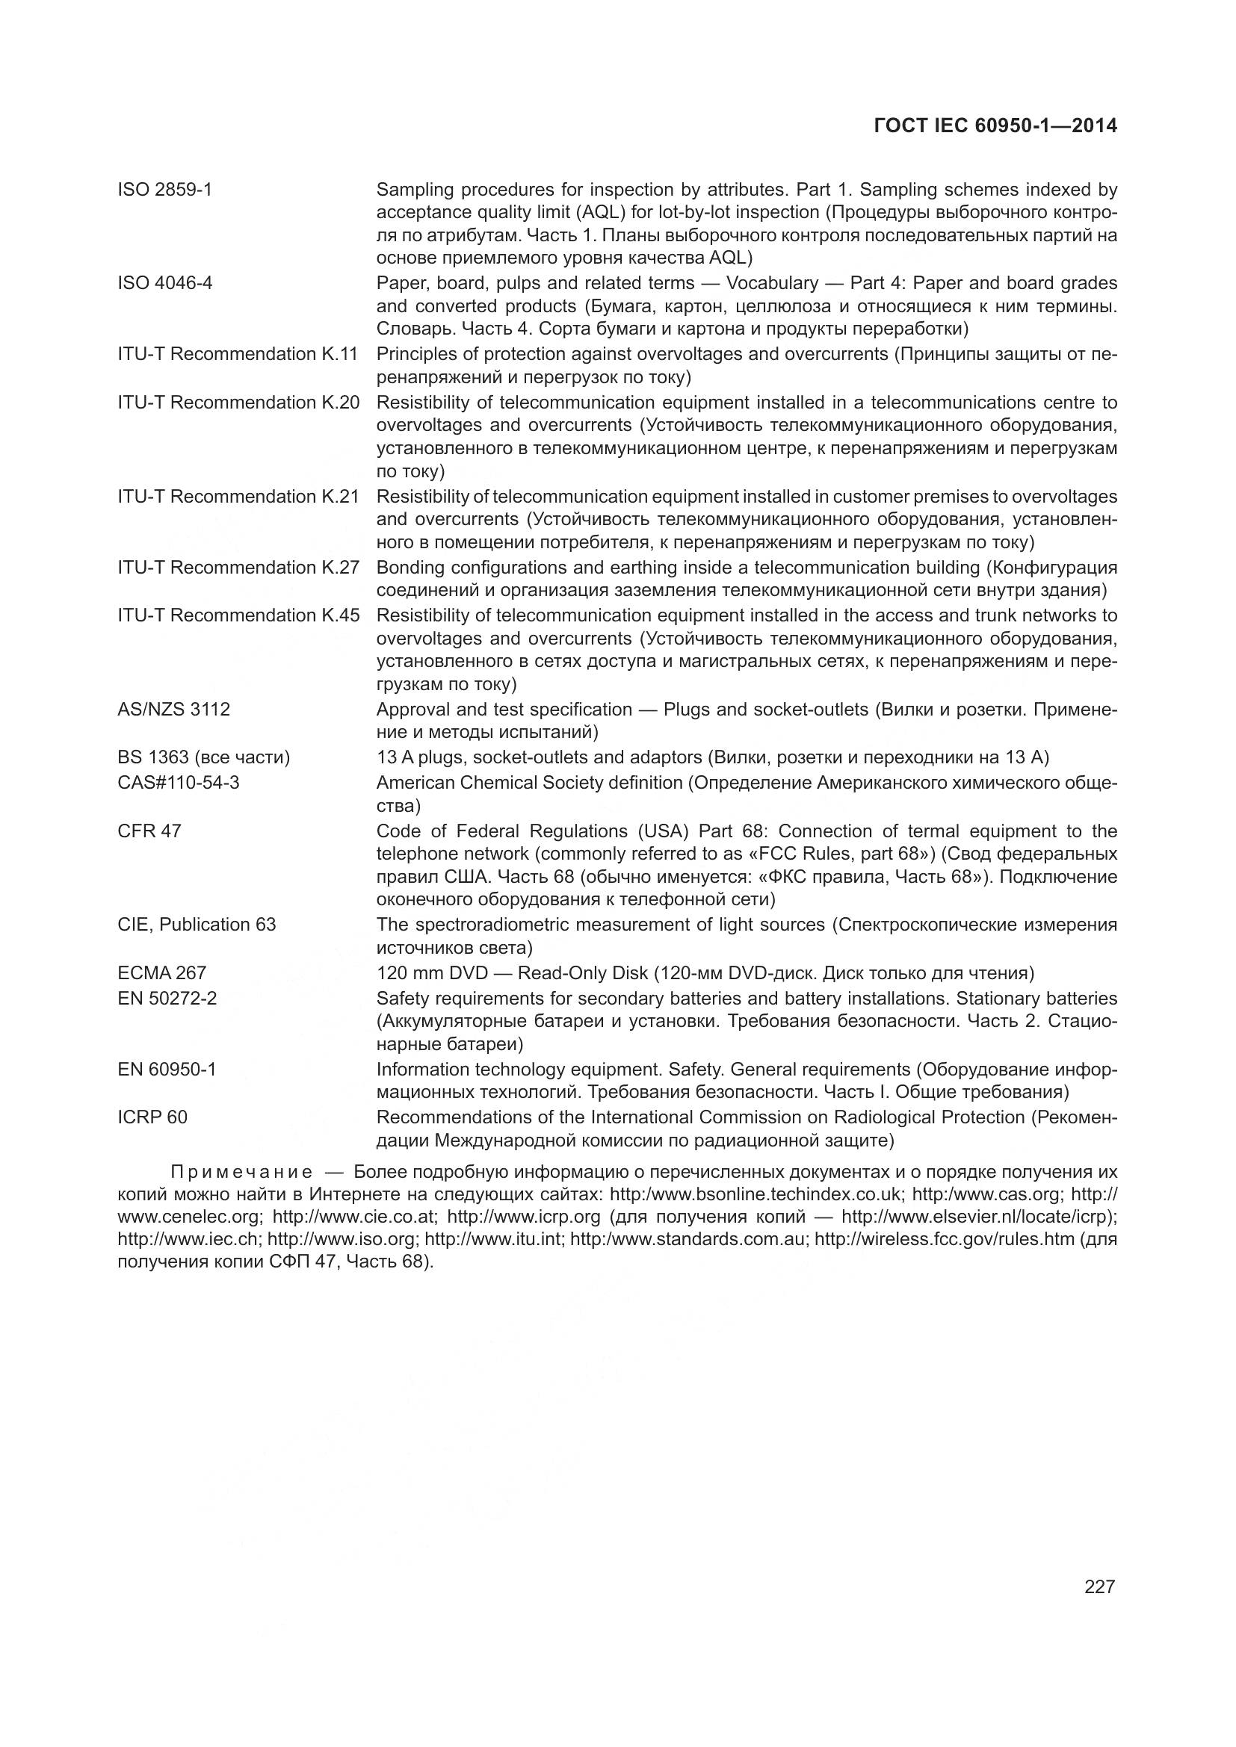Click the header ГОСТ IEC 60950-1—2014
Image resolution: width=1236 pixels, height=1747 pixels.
tap(995, 125)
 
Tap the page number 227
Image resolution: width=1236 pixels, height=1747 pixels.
tap(1099, 1586)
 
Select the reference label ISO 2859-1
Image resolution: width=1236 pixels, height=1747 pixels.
tap(164, 190)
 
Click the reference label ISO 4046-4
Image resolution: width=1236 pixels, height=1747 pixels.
tap(164, 283)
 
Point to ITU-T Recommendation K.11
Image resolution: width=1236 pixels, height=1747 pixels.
tap(238, 354)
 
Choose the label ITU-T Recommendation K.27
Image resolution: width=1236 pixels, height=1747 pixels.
tap(238, 568)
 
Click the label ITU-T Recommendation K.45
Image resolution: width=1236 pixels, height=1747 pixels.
tap(238, 615)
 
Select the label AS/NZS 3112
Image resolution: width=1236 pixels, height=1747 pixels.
tap(173, 709)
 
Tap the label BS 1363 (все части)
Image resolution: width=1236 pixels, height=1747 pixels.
tap(203, 757)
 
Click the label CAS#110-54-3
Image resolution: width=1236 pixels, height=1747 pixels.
tap(178, 782)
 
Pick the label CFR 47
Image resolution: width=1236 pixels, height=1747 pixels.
tap(149, 831)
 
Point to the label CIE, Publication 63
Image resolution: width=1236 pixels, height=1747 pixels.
tap(197, 925)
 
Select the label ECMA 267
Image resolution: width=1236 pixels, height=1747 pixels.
tap(161, 972)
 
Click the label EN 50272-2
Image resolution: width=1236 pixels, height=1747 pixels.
tap(167, 998)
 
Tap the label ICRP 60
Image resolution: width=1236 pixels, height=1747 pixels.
tap(152, 1117)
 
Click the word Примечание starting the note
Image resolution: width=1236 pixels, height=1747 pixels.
tap(241, 1171)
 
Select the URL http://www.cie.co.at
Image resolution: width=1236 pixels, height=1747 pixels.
tap(355, 1216)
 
